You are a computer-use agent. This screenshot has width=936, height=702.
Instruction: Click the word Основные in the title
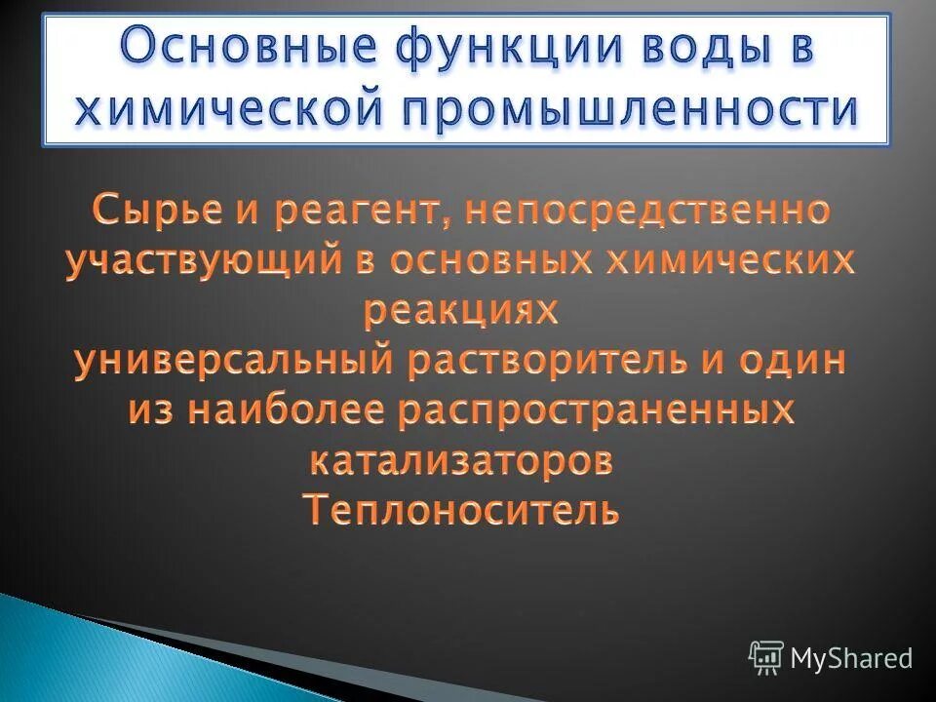[x=220, y=49]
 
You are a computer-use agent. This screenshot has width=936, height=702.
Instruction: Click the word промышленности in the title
[x=613, y=109]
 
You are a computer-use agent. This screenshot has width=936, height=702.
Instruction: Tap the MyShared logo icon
[x=766, y=658]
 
